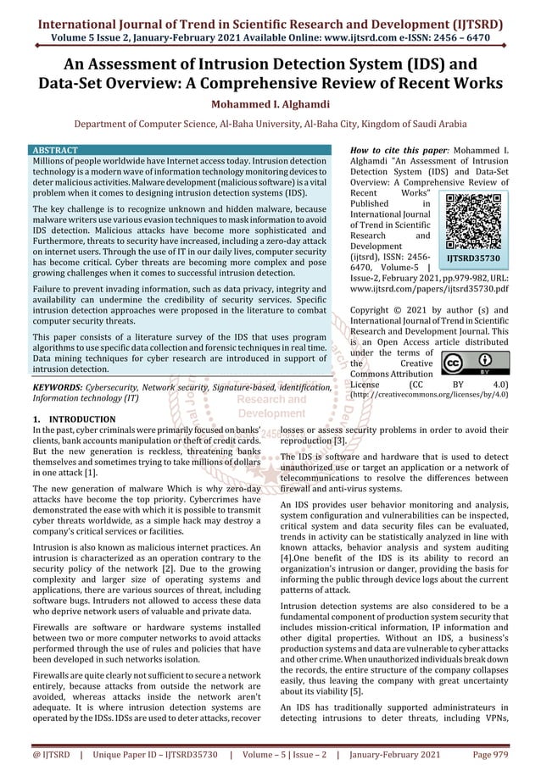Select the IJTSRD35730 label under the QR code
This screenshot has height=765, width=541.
point(474,258)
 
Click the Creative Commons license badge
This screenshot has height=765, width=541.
point(474,364)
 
